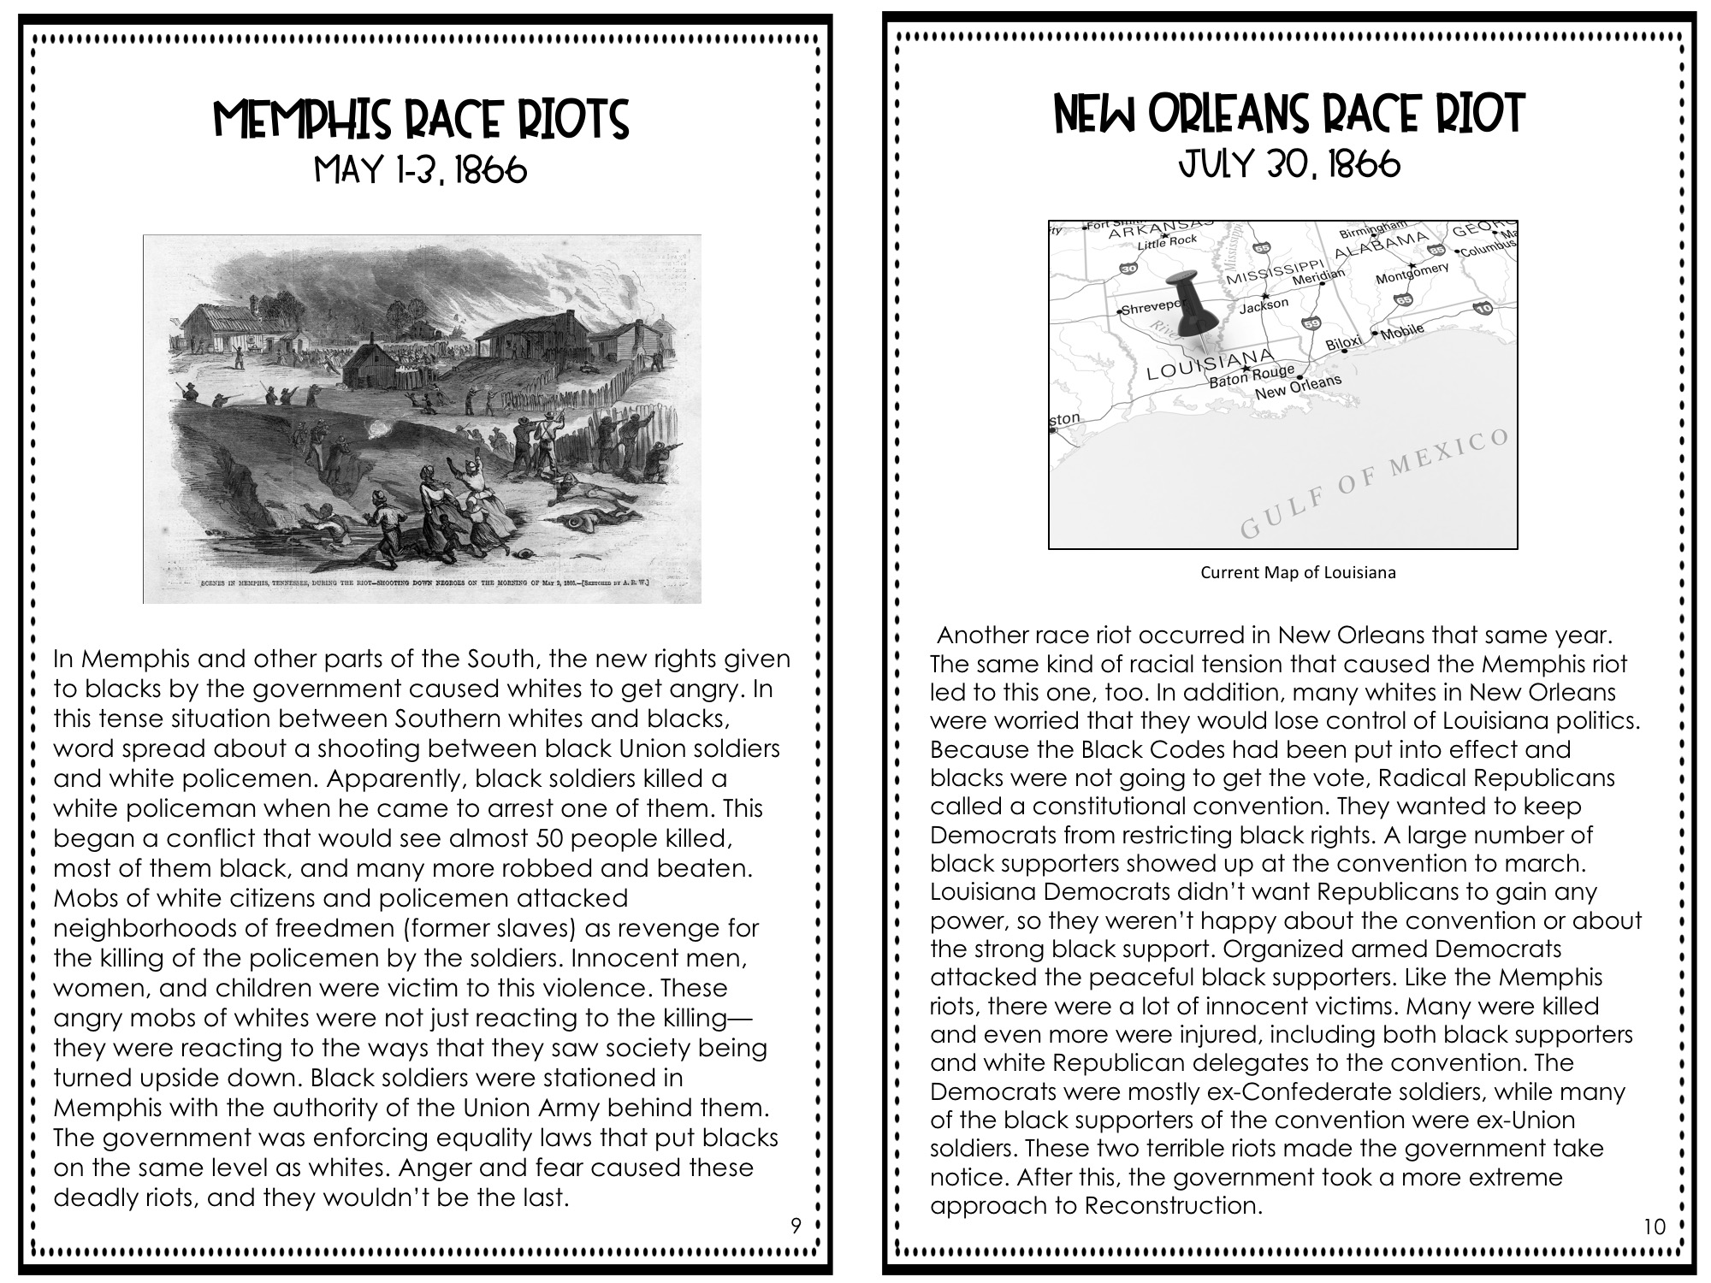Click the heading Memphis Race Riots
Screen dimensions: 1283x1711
pyautogui.click(x=421, y=120)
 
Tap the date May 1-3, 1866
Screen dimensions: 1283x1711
pyautogui.click(x=421, y=171)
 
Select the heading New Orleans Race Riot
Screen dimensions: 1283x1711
pyautogui.click(x=1289, y=114)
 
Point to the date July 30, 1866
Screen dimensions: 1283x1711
pyautogui.click(x=1289, y=163)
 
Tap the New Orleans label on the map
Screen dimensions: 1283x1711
pyautogui.click(x=1298, y=387)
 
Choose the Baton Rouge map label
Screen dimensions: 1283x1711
pyautogui.click(x=1251, y=375)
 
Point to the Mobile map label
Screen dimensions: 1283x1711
pyautogui.click(x=1402, y=331)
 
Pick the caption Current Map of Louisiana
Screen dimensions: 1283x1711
pyautogui.click(x=1298, y=573)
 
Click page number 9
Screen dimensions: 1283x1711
pyautogui.click(x=796, y=1227)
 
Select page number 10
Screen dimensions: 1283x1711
pyautogui.click(x=1655, y=1227)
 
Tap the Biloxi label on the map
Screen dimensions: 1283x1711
pyautogui.click(x=1343, y=343)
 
